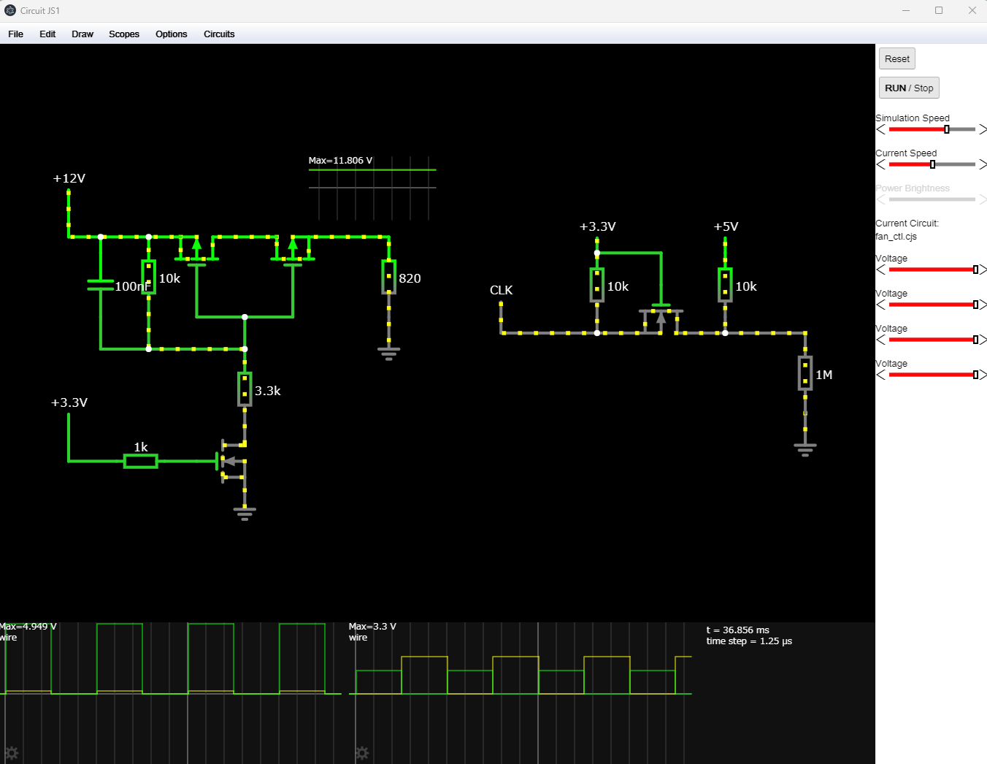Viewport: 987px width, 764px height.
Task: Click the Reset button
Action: tap(896, 58)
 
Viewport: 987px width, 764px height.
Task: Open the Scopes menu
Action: tap(124, 34)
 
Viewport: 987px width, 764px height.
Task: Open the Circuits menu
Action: tap(219, 34)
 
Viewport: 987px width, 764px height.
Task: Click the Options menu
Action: tap(172, 34)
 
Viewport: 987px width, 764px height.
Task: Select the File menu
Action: tap(15, 34)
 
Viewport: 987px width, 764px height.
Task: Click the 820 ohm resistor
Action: tap(389, 277)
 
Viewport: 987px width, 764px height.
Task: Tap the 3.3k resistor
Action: tap(245, 389)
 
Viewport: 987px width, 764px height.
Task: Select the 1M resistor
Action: tap(805, 373)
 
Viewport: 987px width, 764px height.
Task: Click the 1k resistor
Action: tap(141, 461)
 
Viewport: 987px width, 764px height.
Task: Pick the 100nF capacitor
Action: tap(101, 285)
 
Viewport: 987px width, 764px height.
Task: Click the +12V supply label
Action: tap(69, 178)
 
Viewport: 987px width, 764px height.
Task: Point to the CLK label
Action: tap(501, 290)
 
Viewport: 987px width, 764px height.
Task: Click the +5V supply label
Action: tap(726, 226)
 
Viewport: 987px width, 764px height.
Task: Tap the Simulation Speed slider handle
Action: tap(947, 129)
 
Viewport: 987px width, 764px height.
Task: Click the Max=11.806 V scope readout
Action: tap(340, 161)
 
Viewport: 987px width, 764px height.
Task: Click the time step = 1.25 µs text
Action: tap(749, 641)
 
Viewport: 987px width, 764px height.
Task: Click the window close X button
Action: tap(972, 10)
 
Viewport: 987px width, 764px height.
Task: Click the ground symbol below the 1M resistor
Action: tap(805, 449)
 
